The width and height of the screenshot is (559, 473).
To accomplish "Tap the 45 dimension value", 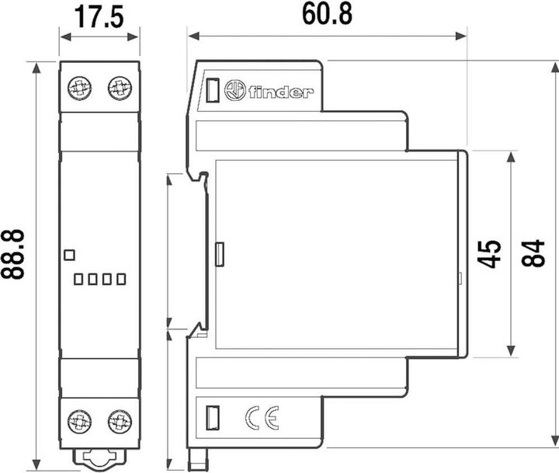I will (x=488, y=254).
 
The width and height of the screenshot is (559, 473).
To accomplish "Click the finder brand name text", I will (x=281, y=92).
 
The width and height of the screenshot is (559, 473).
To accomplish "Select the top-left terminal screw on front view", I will (x=78, y=87).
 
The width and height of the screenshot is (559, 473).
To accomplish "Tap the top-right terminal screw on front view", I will (x=119, y=87).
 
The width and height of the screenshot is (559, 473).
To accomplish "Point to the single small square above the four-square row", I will (x=68, y=254).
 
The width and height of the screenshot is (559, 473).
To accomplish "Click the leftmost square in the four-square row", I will (x=78, y=278).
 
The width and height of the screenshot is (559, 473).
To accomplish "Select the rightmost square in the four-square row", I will (x=120, y=278).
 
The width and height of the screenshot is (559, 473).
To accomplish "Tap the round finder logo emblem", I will (x=234, y=92).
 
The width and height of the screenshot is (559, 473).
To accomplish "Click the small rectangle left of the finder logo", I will (x=211, y=91).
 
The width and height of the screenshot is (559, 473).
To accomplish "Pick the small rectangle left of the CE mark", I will (x=211, y=418).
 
